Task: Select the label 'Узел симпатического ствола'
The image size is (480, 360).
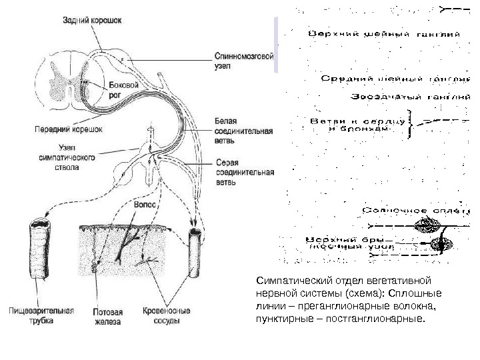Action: [x=68, y=157]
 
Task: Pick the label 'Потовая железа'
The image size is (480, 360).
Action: [x=107, y=315]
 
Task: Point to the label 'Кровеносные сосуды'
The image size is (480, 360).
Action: [x=167, y=315]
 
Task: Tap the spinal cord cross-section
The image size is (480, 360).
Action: [x=69, y=81]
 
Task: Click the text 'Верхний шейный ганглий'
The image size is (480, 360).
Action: [x=383, y=33]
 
